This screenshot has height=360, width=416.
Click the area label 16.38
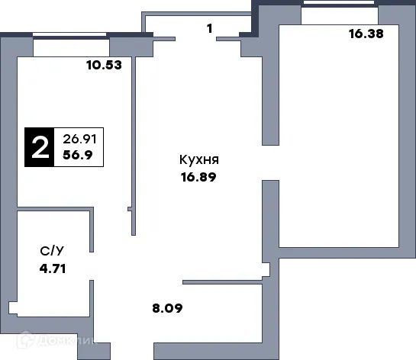click(365, 33)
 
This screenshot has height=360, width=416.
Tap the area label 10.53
click(103, 66)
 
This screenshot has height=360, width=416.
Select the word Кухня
click(199, 160)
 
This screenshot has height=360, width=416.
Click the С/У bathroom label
click(52, 249)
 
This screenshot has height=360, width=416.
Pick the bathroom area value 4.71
click(53, 267)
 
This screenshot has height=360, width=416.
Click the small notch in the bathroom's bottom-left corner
click(13, 307)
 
